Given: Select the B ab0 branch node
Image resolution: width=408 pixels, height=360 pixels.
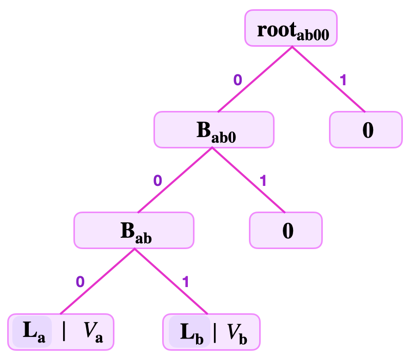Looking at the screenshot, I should [214, 129].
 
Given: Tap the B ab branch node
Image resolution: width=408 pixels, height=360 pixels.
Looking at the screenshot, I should [134, 230].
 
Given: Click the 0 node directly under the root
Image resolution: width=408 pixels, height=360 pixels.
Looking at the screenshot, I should [365, 129].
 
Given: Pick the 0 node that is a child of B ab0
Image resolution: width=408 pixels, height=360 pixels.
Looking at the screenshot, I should [286, 230].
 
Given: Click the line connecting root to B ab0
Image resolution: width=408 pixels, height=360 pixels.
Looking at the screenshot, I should [255, 79].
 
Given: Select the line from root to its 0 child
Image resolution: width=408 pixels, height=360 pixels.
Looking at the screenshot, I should [328, 79].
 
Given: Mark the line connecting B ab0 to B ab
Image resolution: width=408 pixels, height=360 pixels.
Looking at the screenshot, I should [174, 179].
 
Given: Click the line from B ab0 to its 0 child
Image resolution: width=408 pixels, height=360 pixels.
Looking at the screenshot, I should [248, 179].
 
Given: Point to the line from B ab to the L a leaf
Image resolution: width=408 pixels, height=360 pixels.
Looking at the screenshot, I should [98, 281].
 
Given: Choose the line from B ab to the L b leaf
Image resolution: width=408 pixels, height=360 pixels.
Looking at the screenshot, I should [171, 281].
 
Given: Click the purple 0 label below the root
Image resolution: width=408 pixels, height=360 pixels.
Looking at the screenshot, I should [237, 80].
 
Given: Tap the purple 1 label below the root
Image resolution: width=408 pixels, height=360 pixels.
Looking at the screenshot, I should [343, 80].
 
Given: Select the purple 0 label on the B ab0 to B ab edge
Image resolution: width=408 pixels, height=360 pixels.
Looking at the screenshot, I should [157, 180].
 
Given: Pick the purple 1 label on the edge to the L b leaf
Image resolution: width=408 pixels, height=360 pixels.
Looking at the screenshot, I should [186, 281].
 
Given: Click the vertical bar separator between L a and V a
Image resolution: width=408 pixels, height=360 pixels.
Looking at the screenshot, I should [64, 332].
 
